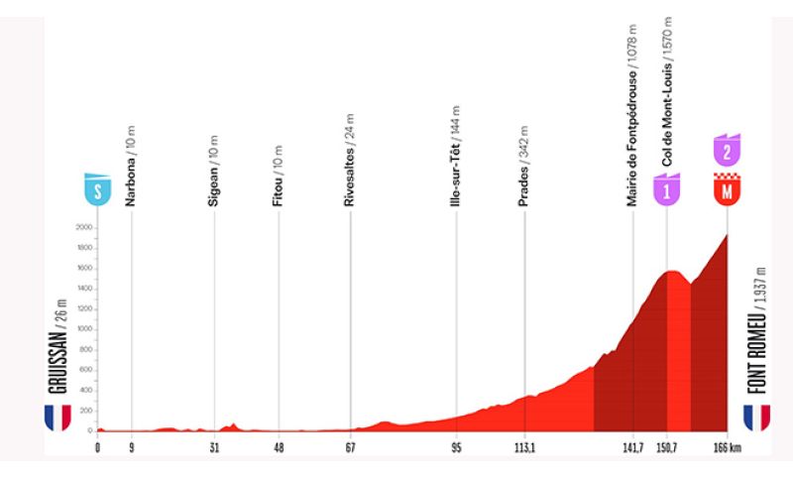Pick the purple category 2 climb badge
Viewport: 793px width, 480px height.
coord(728,151)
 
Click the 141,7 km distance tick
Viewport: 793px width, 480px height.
coord(631,447)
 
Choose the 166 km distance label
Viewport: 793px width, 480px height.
coord(731,447)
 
